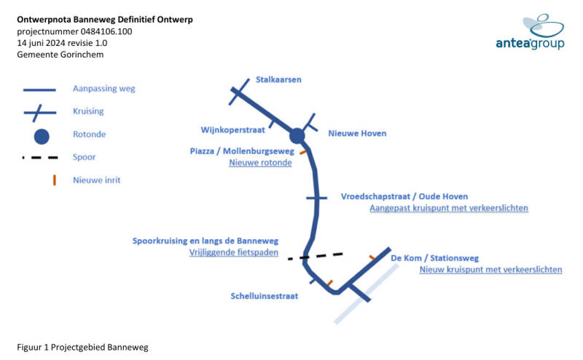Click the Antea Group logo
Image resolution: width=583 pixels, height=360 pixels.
point(531,32)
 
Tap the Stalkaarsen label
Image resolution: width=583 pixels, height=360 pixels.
point(278,79)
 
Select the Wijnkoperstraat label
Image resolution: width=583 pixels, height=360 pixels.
point(232,130)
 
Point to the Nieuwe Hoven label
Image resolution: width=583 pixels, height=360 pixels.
point(357,133)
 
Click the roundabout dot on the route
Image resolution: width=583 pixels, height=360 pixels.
point(297,136)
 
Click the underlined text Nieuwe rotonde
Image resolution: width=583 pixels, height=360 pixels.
point(260,163)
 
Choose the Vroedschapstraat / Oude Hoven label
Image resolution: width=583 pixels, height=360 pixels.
point(404,196)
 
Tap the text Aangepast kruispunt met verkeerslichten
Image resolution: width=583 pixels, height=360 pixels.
point(449,208)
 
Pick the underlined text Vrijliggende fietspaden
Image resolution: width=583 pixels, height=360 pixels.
point(233,253)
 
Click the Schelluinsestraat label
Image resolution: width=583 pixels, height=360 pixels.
point(265,296)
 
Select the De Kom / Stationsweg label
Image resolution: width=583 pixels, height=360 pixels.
point(434,258)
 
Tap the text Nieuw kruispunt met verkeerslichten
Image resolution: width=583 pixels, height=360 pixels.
point(490,270)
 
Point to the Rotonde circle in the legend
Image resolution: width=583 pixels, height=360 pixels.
point(42,136)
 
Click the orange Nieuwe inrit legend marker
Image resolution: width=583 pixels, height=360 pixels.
point(54,180)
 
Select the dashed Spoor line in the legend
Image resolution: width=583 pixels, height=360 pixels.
point(40,157)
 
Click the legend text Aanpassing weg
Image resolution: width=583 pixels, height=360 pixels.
point(104,88)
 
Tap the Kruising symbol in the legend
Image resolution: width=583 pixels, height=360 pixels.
point(40,112)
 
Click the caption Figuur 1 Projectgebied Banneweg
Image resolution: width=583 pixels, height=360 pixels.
point(82,348)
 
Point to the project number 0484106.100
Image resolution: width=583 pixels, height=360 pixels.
point(106,31)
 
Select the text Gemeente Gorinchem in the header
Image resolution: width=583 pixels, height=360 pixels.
point(60,55)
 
